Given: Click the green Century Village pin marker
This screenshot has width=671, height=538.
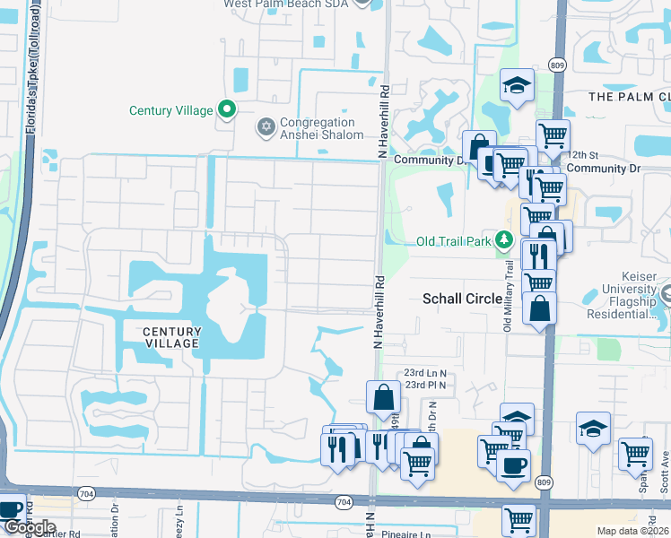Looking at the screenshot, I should [x=227, y=110].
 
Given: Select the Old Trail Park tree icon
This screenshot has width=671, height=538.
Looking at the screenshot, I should [x=505, y=240].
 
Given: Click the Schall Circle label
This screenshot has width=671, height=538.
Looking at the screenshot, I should [x=462, y=299].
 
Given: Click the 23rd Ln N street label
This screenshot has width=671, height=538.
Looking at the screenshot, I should [x=424, y=372].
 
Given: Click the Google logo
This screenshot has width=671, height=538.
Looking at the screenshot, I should [x=29, y=527].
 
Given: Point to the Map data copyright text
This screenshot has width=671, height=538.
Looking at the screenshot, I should [x=632, y=531].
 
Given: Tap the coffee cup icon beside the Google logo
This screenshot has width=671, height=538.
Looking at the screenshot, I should [x=10, y=508].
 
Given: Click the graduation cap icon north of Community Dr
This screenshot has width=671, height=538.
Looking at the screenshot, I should [x=516, y=85].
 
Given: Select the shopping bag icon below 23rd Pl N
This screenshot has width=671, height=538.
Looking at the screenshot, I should [x=383, y=396].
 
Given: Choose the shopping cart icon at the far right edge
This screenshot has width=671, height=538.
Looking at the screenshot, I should [x=635, y=453].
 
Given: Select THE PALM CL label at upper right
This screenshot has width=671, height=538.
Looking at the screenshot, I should [x=629, y=96].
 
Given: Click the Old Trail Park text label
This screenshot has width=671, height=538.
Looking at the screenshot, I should [x=455, y=241].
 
